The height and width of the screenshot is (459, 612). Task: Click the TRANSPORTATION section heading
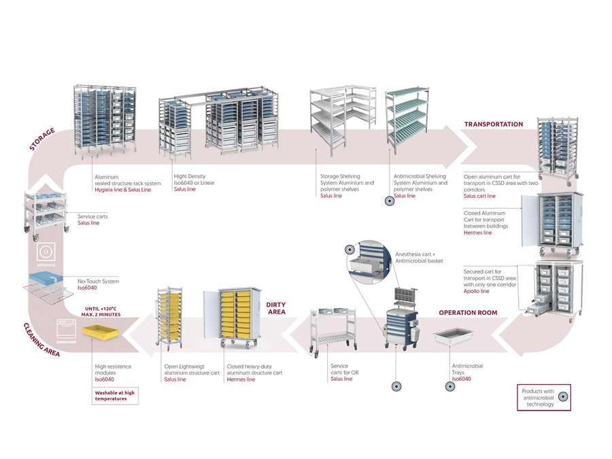[x=493, y=124]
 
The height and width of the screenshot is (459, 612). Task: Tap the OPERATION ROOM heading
[x=468, y=313]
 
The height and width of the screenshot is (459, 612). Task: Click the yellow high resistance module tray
[x=99, y=332]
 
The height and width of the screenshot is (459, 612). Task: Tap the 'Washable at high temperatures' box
[x=115, y=395]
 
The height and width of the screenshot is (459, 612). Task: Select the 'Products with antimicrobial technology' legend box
[x=543, y=398]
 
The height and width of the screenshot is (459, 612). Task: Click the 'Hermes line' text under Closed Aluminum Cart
[x=477, y=233]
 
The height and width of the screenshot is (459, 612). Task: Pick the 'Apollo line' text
[x=476, y=291]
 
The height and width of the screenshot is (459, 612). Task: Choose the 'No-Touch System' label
[x=98, y=281]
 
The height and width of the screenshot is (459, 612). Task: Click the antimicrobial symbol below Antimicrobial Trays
[x=449, y=386]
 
